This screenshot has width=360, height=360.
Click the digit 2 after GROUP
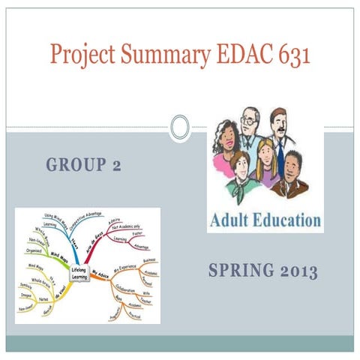(116, 165)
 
